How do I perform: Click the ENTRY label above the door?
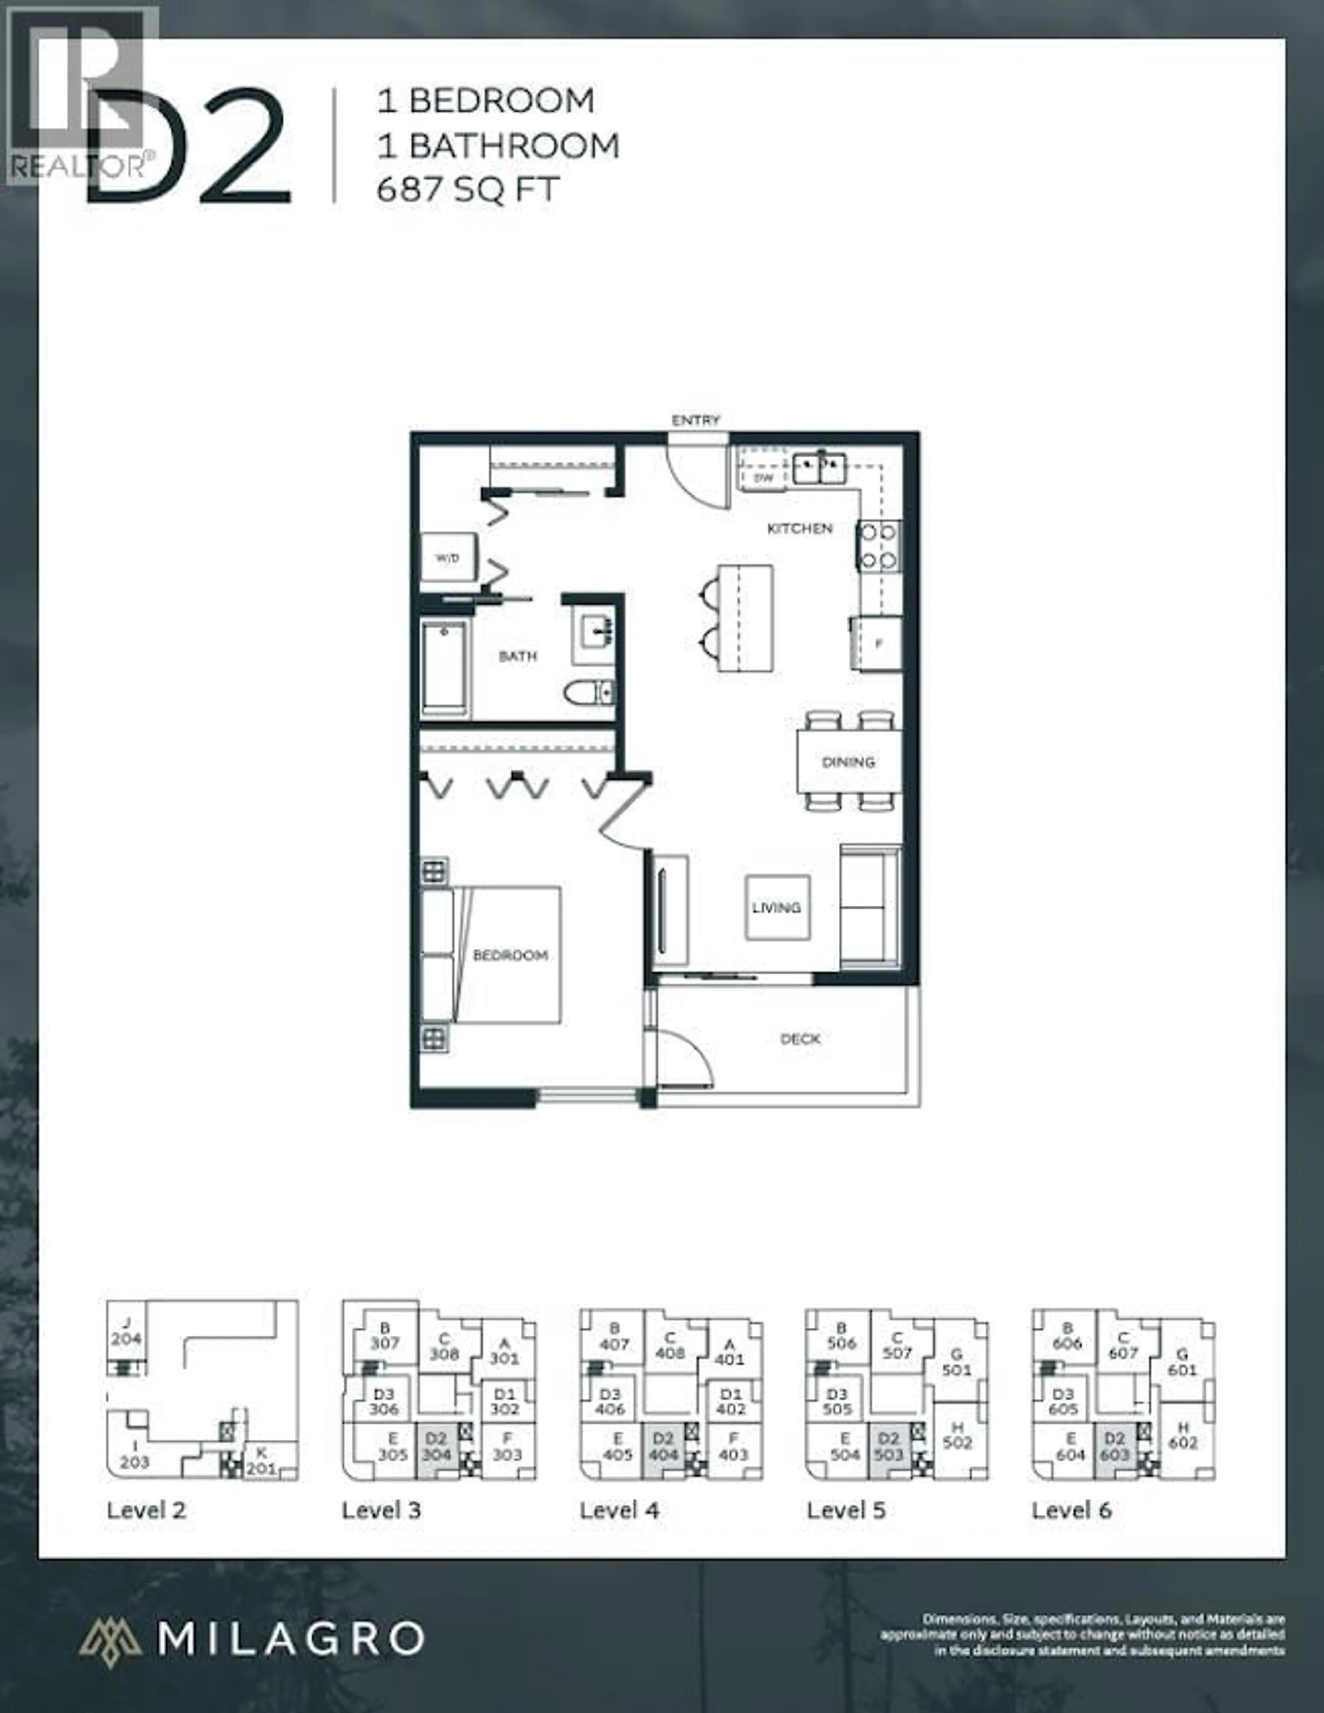pyautogui.click(x=695, y=420)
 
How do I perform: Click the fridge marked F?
pyautogui.click(x=877, y=643)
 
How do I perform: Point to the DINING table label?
pyautogui.click(x=848, y=762)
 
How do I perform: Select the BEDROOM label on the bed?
pyautogui.click(x=510, y=955)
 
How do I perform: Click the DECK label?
pyautogui.click(x=800, y=1039)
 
